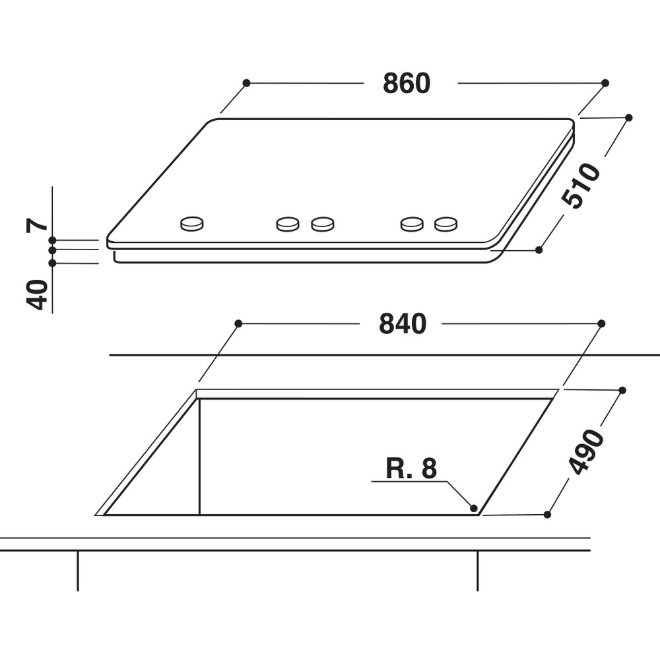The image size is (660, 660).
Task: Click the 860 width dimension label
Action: (x=407, y=84)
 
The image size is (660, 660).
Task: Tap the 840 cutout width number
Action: (x=403, y=324)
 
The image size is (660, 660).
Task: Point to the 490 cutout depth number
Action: (x=587, y=452)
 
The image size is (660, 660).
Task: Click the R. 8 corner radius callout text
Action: (x=411, y=469)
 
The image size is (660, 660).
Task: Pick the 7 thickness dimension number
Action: (x=38, y=224)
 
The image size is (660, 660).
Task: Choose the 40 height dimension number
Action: (x=38, y=294)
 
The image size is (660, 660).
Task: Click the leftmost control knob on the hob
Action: (x=191, y=224)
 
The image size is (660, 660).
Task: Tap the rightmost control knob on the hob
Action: (x=445, y=224)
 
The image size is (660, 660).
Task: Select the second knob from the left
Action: (x=287, y=224)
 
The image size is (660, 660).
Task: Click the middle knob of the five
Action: (x=322, y=224)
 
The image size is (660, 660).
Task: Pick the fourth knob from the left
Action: (x=412, y=224)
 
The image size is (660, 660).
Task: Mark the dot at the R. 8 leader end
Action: (x=473, y=508)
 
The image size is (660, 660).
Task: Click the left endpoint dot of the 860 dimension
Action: (x=246, y=83)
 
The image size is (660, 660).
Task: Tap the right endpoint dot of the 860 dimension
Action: (x=605, y=83)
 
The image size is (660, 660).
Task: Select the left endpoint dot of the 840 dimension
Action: (x=238, y=323)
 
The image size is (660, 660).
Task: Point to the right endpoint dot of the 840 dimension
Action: (x=601, y=323)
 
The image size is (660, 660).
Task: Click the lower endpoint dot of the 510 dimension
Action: (x=539, y=250)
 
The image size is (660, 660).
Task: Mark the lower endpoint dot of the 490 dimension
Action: (x=547, y=514)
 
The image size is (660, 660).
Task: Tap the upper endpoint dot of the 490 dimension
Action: (x=622, y=390)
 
